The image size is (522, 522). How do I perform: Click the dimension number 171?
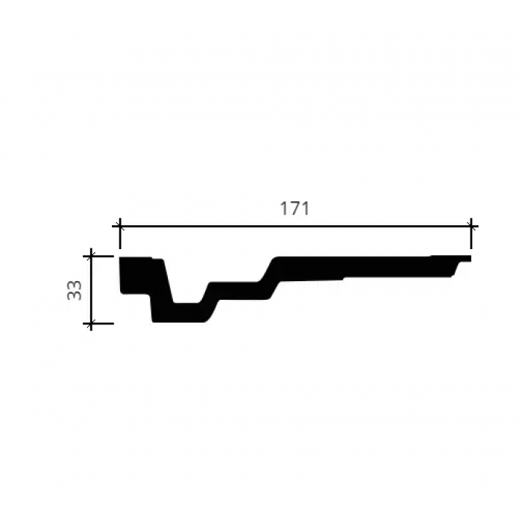[295, 209]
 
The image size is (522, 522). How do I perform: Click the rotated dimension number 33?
[74, 290]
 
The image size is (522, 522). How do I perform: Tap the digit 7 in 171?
[295, 209]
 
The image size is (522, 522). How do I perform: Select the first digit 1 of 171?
[283, 209]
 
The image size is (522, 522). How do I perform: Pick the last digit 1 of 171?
[305, 209]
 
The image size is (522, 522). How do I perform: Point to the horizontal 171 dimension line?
[295, 227]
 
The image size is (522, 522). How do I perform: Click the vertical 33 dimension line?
[91, 289]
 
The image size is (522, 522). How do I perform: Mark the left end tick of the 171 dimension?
[120, 227]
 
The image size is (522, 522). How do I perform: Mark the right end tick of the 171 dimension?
[471, 227]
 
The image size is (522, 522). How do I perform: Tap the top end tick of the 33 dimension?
[91, 257]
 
